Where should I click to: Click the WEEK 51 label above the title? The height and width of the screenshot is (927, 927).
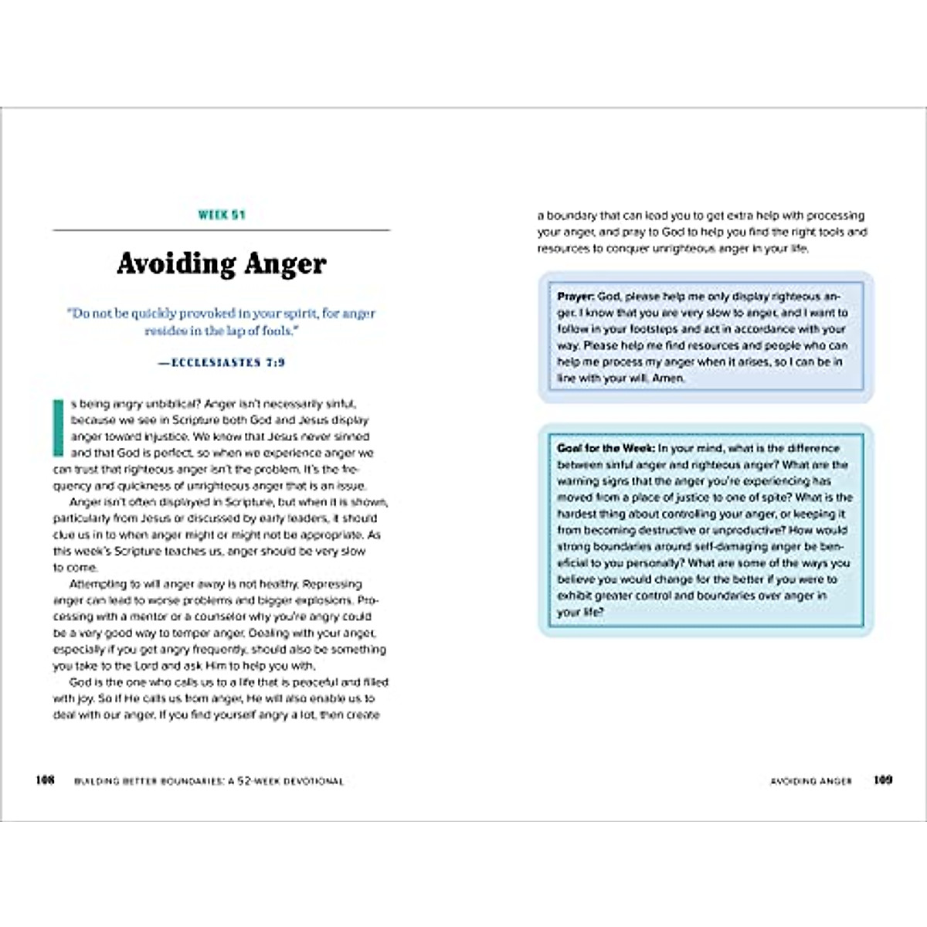click(222, 215)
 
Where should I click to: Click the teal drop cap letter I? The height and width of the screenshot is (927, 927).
click(57, 427)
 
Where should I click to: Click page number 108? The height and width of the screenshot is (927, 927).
click(46, 780)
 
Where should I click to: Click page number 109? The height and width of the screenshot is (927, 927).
click(883, 780)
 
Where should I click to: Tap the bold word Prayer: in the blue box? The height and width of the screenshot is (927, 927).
click(576, 297)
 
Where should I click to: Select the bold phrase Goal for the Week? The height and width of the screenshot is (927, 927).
click(606, 448)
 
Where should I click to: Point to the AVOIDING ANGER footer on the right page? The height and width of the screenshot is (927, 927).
click(811, 781)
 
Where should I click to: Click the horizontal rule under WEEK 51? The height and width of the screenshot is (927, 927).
click(221, 230)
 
